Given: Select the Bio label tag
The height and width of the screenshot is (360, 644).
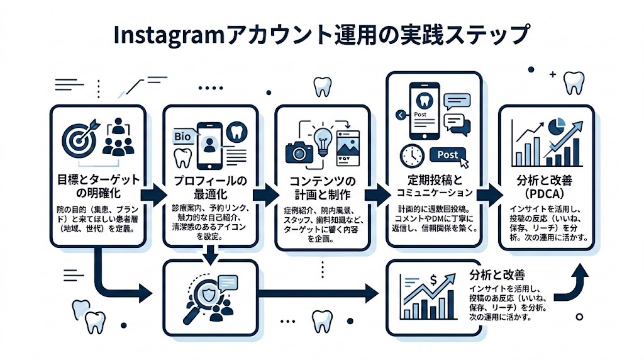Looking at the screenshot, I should click(x=182, y=137).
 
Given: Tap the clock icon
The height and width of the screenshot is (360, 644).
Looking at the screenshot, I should click(x=413, y=155).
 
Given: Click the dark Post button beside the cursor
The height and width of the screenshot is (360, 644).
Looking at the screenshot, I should click(x=447, y=155).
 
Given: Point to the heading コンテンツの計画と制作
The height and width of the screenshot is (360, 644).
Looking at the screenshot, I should click(x=321, y=186).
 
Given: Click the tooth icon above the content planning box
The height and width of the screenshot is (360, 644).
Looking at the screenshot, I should click(x=322, y=87).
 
